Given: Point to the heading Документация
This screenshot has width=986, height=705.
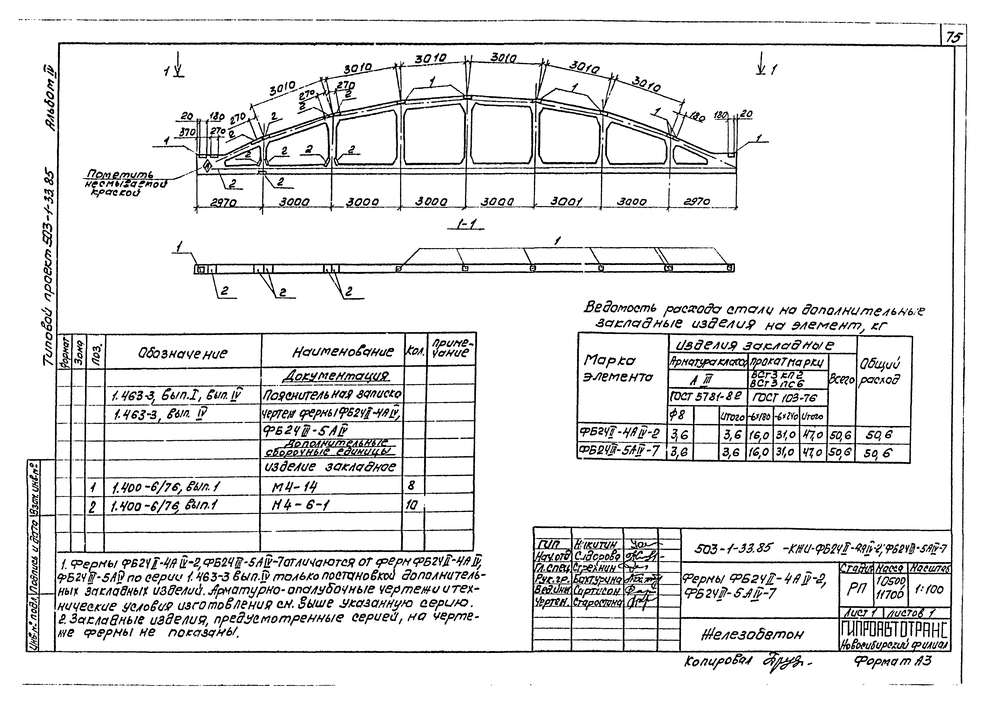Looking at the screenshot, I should coord(335,376).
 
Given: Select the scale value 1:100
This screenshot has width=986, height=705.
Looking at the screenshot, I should coord(929,589).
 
